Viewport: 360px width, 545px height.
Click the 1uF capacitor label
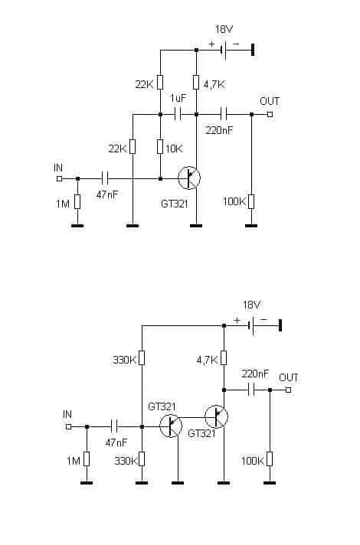tap(178, 98)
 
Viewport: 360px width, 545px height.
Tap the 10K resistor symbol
tap(160, 147)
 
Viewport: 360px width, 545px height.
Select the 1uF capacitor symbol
tap(178, 114)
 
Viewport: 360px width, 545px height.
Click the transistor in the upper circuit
tap(189, 178)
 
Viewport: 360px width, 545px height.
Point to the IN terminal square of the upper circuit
tap(59, 178)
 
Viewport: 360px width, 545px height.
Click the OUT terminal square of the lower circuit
tap(288, 390)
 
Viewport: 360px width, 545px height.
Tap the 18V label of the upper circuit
tap(224, 30)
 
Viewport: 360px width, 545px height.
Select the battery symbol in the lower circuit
tap(251, 325)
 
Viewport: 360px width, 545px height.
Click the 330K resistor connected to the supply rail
tap(142, 358)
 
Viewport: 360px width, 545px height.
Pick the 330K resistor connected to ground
tap(142, 459)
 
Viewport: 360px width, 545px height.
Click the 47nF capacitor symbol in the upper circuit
tap(105, 178)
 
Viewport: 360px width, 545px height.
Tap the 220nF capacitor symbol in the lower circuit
tap(252, 390)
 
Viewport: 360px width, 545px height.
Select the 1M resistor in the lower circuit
tap(87, 459)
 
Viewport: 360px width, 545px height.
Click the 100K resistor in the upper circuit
tap(251, 201)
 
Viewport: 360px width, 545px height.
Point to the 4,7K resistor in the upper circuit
tap(196, 82)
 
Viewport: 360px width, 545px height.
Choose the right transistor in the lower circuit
tap(216, 416)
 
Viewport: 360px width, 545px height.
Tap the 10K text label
tap(174, 149)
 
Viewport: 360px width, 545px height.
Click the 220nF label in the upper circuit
tap(219, 130)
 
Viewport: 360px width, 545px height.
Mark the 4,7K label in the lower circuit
tap(208, 361)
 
